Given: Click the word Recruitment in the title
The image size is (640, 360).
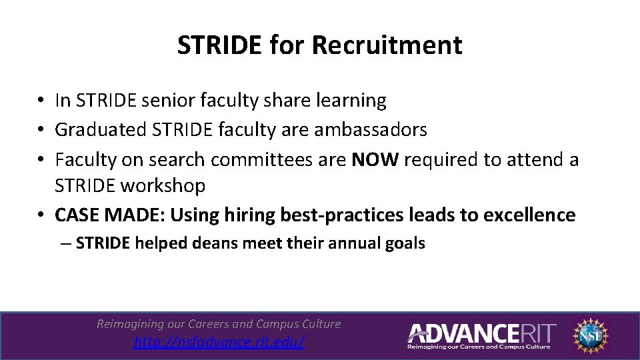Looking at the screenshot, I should [386, 45].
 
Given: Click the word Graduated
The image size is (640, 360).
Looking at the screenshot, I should [101, 129].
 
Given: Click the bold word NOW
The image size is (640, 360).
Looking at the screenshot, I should [375, 160].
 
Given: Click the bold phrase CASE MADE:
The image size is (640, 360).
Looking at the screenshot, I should [110, 215].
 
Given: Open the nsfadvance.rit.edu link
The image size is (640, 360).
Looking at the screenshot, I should [219, 342].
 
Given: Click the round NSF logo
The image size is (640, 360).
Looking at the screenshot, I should [592, 335].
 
